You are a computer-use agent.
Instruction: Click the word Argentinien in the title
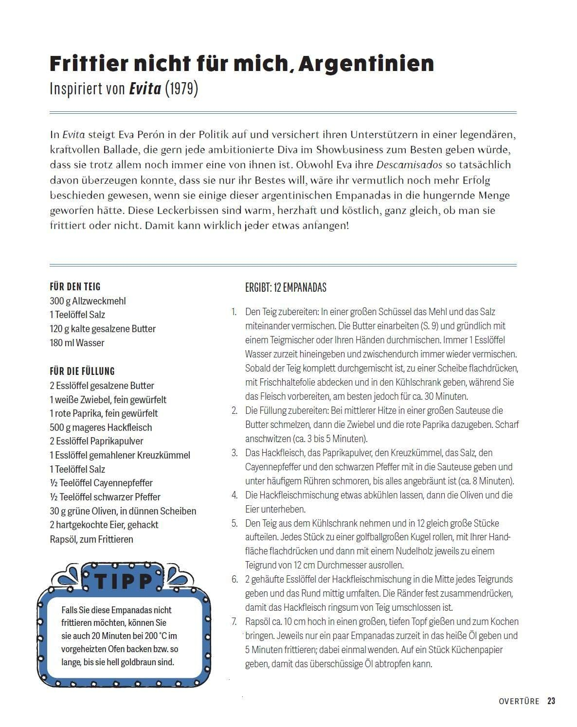tap(366, 64)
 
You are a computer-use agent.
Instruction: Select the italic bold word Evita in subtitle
tap(144, 89)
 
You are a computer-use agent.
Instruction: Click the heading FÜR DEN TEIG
tap(75, 287)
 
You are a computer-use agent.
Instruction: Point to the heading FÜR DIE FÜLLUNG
tap(82, 372)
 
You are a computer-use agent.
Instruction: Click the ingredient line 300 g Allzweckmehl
tap(88, 301)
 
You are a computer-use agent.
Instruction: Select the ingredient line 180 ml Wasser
tap(77, 343)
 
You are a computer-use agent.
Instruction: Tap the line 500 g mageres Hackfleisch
tap(101, 427)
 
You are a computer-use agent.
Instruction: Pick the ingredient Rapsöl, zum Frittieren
tap(91, 539)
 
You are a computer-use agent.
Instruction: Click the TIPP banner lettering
tap(124, 581)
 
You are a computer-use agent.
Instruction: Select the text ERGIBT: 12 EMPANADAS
tap(286, 287)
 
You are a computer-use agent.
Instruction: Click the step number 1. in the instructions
tap(234, 312)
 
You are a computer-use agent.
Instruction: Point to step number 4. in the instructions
tap(234, 495)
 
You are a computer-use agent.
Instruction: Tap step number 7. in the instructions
tap(234, 621)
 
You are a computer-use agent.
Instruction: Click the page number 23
tap(551, 701)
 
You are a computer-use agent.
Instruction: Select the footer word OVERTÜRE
tap(519, 701)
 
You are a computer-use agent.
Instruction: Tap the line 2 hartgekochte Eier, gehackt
tap(104, 525)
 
